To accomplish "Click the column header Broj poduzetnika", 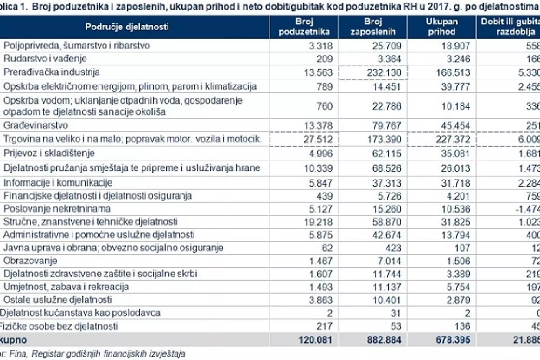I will click(304, 26).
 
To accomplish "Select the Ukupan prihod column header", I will click(441, 26).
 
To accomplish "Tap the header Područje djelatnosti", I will click(127, 27).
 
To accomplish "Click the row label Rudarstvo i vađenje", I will click(45, 59).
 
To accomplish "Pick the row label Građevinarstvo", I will click(36, 125).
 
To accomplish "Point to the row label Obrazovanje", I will click(30, 261).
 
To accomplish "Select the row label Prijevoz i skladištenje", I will click(49, 153).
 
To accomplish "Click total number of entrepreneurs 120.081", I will click(315, 340).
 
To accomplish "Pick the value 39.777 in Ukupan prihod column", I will click(454, 86).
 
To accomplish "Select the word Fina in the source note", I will click(15, 353).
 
